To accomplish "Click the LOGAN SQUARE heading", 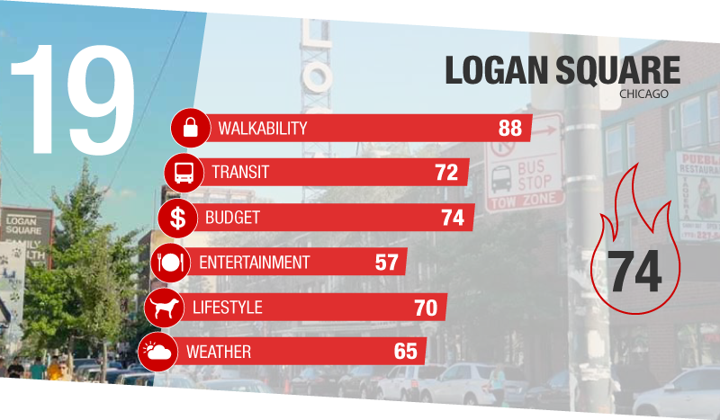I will (x=563, y=72).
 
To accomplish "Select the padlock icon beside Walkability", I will (x=190, y=128).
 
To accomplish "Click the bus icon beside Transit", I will (x=184, y=172).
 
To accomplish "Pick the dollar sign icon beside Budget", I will (x=177, y=217).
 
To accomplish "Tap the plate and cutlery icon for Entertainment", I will (x=170, y=263).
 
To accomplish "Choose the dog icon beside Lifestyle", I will (x=164, y=308).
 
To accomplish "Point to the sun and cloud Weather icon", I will (x=157, y=352).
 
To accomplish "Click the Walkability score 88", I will (x=509, y=128).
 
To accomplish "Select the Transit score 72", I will (x=446, y=172).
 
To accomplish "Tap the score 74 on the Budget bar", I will (x=453, y=217).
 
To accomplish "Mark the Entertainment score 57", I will (x=386, y=263).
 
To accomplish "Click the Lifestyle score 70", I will (x=426, y=308).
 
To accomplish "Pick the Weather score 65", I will (x=406, y=352).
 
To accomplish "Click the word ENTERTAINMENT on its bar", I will (x=254, y=263).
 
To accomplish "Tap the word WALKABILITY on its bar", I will (x=262, y=128).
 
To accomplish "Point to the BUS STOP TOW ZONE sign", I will (x=525, y=162).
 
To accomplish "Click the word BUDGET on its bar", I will (x=232, y=217).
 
